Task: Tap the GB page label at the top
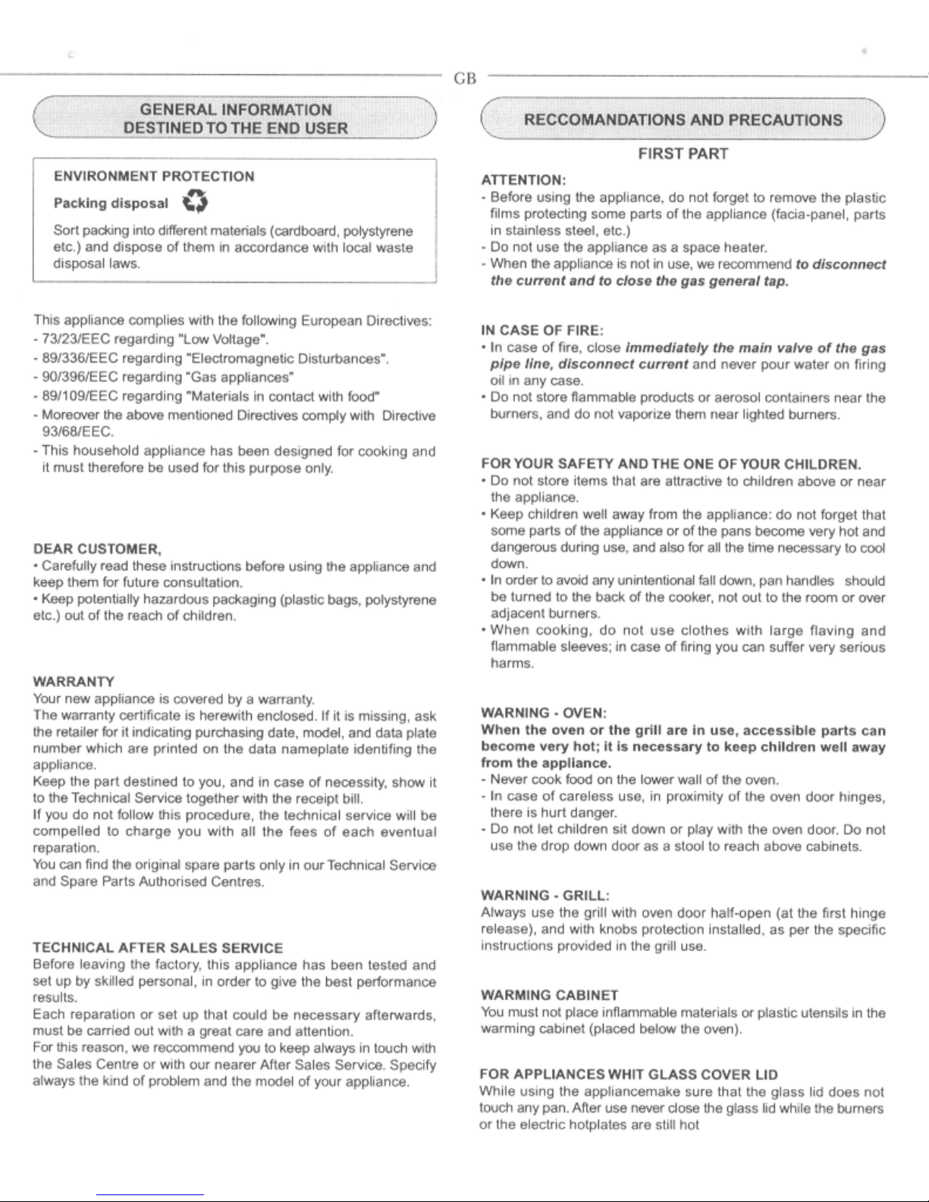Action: pyautogui.click(x=464, y=79)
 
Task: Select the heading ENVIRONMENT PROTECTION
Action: pyautogui.click(x=154, y=177)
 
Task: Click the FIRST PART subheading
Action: pyautogui.click(x=683, y=155)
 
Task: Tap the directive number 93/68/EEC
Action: pyautogui.click(x=77, y=432)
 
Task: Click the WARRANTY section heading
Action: pyautogui.click(x=74, y=681)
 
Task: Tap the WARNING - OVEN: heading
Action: pyautogui.click(x=542, y=714)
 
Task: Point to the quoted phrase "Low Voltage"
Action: pyautogui.click(x=228, y=338)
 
